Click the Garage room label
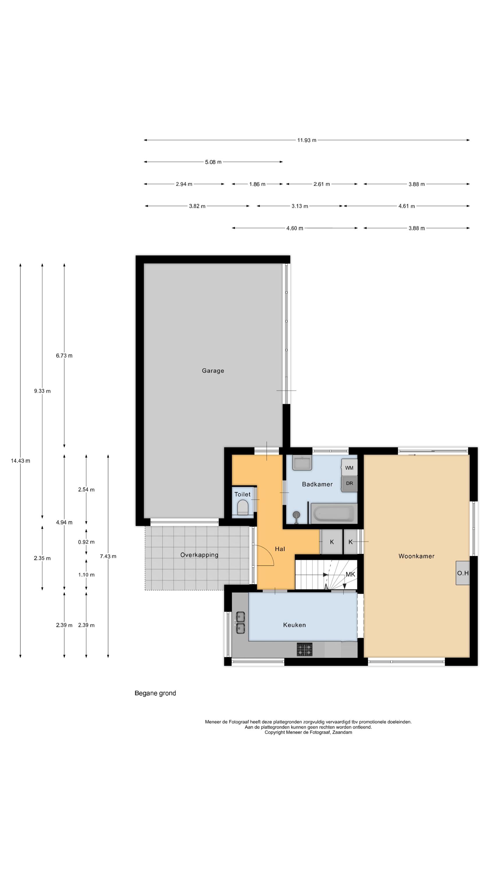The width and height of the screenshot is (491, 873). pos(213,371)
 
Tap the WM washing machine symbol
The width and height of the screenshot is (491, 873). pos(349,468)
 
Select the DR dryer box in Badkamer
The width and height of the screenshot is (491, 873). pos(349,484)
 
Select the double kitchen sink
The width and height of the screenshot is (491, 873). pos(241,622)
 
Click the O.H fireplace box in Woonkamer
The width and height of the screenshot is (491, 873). pos(462,573)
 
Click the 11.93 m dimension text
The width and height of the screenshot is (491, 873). pos(307,140)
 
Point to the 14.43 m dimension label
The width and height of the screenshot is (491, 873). pos(20,461)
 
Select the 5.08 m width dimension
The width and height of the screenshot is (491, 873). pos(213,162)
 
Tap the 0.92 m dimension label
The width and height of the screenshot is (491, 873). pos(86,542)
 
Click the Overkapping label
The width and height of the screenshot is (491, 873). pos(199,555)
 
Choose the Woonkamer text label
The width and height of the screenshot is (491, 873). pos(416,556)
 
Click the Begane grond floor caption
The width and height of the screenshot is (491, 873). pos(155,693)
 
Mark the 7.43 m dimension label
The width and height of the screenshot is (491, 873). pos(108,556)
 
